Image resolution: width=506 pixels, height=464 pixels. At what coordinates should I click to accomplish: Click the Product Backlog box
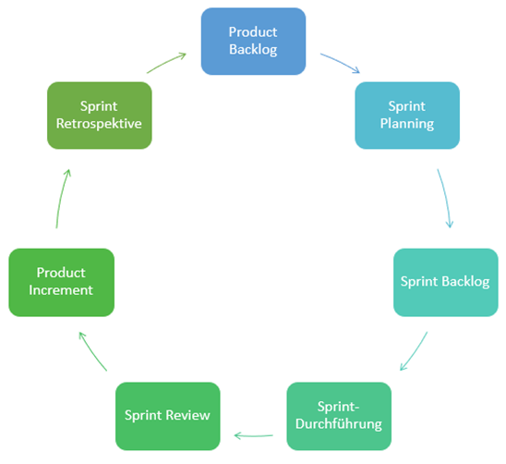pyautogui.click(x=253, y=42)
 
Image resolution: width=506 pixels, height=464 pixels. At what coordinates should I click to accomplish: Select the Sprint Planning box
pyautogui.click(x=407, y=116)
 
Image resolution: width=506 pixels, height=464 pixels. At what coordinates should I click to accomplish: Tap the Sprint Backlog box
pyautogui.click(x=446, y=283)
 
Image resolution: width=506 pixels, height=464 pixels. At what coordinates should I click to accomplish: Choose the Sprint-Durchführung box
pyautogui.click(x=339, y=416)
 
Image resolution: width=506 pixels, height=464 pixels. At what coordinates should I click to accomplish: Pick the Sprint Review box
pyautogui.click(x=168, y=416)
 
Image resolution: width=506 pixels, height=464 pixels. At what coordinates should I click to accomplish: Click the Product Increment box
pyautogui.click(x=61, y=283)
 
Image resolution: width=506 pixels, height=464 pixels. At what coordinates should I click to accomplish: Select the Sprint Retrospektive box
pyautogui.click(x=100, y=116)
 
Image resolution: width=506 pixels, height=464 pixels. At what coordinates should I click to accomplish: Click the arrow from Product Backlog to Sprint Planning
pyautogui.click(x=341, y=62)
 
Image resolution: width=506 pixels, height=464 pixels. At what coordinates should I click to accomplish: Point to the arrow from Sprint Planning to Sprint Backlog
pyautogui.click(x=446, y=198)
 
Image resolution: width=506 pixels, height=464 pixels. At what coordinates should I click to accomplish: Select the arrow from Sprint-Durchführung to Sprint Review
pyautogui.click(x=253, y=436)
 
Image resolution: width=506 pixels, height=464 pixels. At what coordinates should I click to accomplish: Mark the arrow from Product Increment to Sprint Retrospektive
pyautogui.click(x=61, y=198)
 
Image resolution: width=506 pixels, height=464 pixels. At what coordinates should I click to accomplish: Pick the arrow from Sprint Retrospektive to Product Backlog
pyautogui.click(x=166, y=62)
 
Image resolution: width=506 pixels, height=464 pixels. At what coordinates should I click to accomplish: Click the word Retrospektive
pyautogui.click(x=99, y=124)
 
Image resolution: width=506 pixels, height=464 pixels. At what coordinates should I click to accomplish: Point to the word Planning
pyautogui.click(x=407, y=124)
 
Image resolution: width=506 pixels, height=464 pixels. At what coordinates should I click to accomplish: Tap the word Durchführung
pyautogui.click(x=339, y=424)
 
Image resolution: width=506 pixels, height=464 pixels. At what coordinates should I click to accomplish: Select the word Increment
pyautogui.click(x=61, y=290)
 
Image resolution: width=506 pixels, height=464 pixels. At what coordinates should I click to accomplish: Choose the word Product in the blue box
pyautogui.click(x=253, y=32)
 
